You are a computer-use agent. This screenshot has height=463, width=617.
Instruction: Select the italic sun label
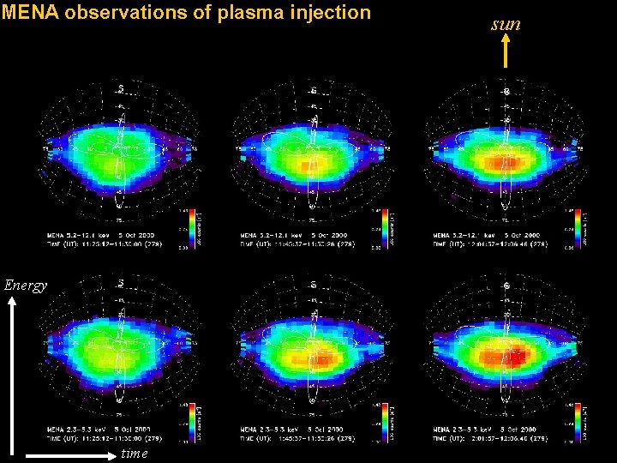pyautogui.click(x=506, y=24)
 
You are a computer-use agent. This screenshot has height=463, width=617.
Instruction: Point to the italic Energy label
pyautogui.click(x=25, y=286)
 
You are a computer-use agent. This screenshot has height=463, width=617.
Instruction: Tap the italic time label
pyautogui.click(x=135, y=453)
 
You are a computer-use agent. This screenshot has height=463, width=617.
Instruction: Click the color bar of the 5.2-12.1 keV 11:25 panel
pyautogui.click(x=191, y=227)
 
